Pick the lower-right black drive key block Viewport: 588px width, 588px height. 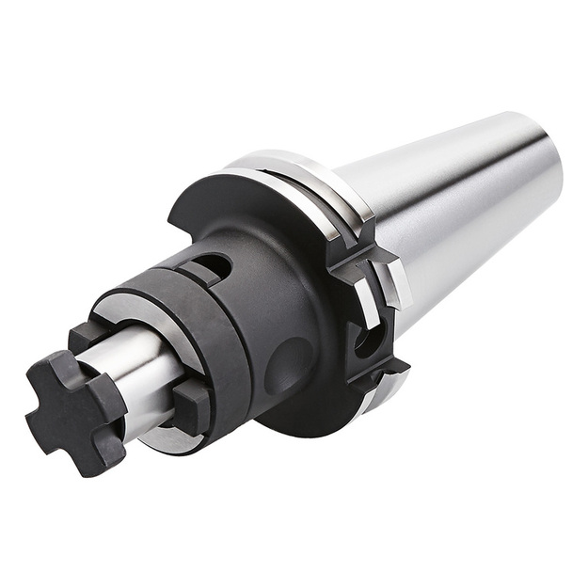click(192, 405)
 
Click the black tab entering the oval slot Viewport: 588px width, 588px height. click(193, 272)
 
